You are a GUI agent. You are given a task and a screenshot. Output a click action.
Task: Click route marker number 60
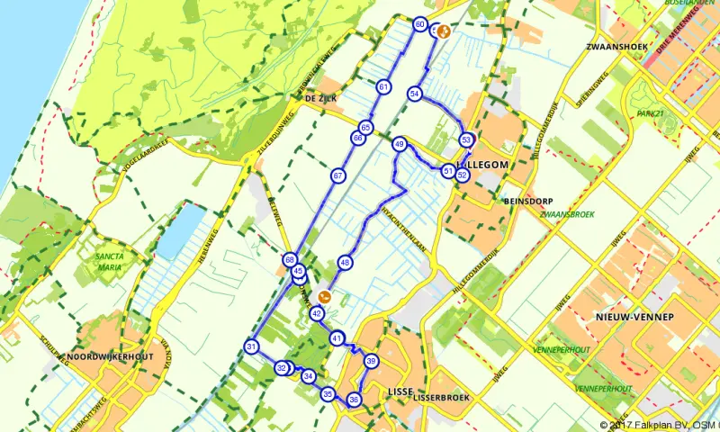420,24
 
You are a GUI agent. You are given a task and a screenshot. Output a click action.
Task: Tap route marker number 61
384,87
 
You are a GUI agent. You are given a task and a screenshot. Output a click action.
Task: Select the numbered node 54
415,94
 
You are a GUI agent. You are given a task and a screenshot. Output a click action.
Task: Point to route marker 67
337,175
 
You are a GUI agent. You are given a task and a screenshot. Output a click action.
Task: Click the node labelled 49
400,144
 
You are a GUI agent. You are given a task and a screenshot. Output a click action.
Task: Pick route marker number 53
466,140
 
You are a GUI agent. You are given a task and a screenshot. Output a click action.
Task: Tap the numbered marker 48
345,263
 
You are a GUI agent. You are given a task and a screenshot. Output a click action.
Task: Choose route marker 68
290,260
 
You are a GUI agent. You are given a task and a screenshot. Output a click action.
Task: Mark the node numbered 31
252,347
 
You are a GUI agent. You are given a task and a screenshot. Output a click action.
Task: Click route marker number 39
371,362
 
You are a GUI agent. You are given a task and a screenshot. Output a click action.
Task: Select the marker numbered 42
317,314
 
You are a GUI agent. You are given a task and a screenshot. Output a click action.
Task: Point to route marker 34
309,376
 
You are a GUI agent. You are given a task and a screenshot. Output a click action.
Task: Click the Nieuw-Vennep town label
627,318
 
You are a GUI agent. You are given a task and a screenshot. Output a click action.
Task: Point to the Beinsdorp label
528,202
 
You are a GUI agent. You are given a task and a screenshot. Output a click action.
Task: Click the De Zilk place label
320,98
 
